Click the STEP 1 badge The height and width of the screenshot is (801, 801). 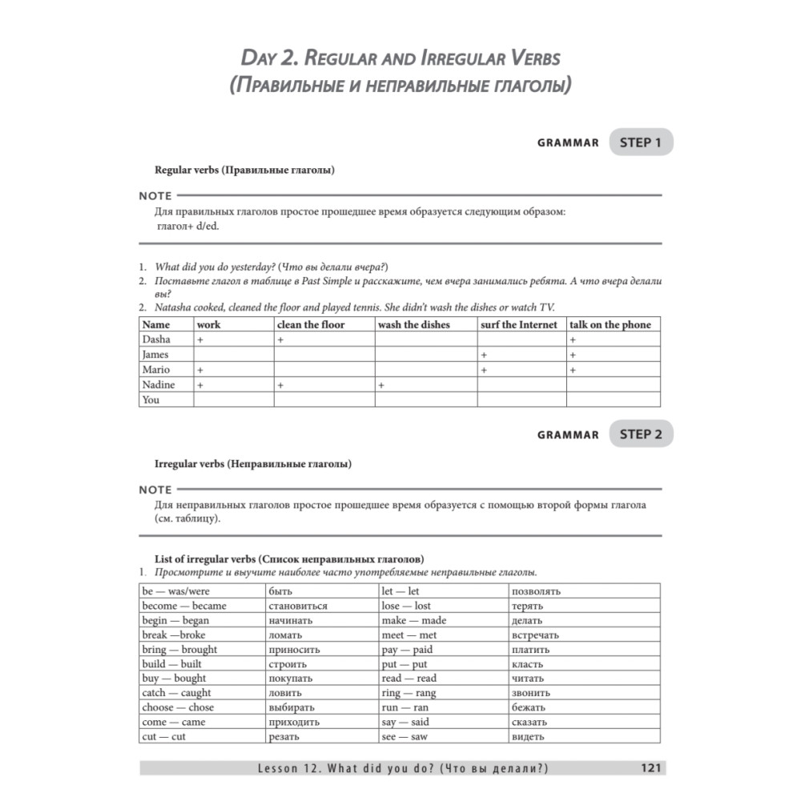coord(641,143)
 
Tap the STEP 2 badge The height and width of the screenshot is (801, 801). coord(641,434)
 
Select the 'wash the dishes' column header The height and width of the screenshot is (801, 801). coord(413,324)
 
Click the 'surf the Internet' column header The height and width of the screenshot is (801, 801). coord(519,324)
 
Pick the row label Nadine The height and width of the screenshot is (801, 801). coord(158,384)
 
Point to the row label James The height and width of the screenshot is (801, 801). coord(155,354)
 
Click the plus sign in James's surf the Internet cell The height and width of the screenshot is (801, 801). coord(484,355)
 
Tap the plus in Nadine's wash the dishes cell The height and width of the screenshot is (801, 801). coord(381,385)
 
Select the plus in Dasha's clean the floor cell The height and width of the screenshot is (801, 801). coord(280,340)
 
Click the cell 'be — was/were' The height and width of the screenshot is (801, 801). coord(175,591)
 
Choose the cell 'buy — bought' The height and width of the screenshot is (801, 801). coord(174,678)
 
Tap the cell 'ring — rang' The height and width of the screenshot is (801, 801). coord(409,693)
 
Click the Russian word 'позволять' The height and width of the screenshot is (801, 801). coord(536,591)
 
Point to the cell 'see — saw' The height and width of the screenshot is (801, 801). coord(405,736)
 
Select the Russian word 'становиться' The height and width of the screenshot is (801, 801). coord(298,606)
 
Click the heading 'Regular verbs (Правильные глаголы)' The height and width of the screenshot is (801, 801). coord(244,170)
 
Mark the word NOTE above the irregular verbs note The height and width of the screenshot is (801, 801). coord(155,489)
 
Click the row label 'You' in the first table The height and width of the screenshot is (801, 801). coord(151,400)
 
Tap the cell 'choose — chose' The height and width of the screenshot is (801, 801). coord(178,707)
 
